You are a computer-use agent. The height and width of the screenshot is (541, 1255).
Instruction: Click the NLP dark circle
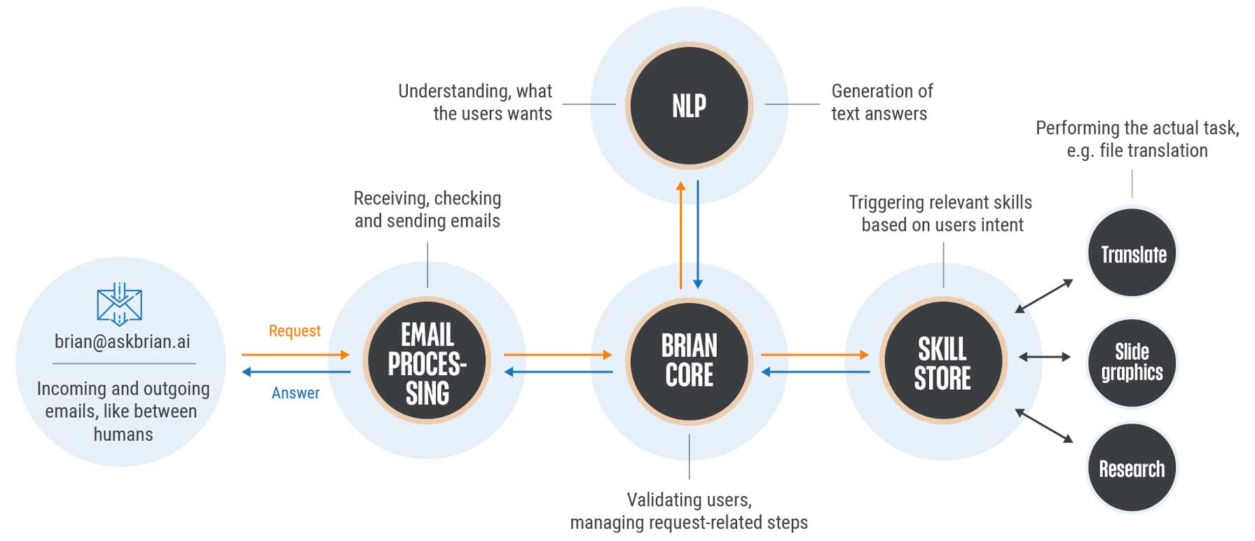click(x=689, y=106)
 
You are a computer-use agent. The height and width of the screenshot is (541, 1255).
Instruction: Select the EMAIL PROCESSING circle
click(x=427, y=360)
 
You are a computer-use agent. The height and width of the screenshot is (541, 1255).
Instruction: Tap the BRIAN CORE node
click(x=689, y=360)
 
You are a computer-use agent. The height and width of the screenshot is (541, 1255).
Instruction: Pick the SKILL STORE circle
click(x=942, y=360)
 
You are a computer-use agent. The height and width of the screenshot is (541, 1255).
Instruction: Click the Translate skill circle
click(x=1132, y=253)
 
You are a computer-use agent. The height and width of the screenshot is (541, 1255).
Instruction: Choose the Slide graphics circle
click(x=1132, y=362)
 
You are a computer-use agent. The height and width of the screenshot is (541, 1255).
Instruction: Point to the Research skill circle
click(x=1132, y=468)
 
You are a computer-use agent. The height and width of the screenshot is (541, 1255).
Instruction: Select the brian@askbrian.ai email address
click(x=123, y=342)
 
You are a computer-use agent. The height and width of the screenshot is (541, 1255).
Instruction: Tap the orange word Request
click(x=294, y=331)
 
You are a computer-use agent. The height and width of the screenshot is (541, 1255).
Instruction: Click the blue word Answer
click(x=295, y=393)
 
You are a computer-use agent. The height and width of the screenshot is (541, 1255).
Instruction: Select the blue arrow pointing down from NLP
click(x=698, y=234)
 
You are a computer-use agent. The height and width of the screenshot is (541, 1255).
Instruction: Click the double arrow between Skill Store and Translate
click(x=1044, y=295)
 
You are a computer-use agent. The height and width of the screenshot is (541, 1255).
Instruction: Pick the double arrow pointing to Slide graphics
click(x=1044, y=357)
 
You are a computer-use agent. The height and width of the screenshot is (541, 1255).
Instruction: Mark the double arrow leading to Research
click(x=1044, y=426)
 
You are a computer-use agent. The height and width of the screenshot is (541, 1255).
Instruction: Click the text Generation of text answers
click(x=882, y=102)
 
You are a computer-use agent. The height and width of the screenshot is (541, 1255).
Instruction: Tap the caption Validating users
click(x=689, y=500)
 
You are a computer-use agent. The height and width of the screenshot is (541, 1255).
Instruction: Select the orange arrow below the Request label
click(x=295, y=355)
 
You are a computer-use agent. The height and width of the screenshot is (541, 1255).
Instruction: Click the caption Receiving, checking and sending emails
click(x=427, y=209)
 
